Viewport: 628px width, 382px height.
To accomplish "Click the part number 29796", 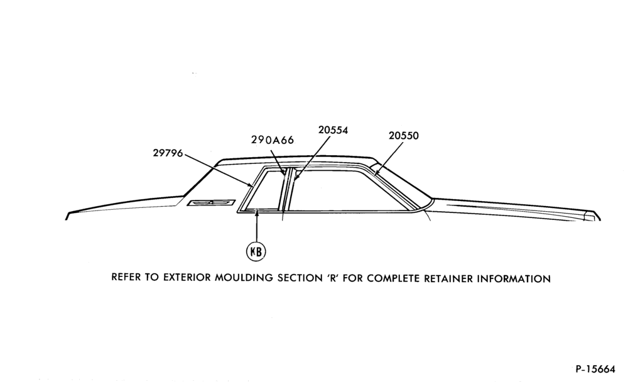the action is click(x=168, y=153).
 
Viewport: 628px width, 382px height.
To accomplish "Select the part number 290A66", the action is click(x=273, y=139).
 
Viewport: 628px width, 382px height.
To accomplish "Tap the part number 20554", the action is click(x=333, y=130).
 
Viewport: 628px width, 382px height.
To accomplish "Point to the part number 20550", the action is click(x=404, y=136).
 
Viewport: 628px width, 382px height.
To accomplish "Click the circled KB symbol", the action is click(x=256, y=252).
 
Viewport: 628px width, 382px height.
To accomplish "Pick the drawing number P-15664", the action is click(x=595, y=369).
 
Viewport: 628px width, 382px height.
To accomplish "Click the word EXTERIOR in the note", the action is click(x=187, y=277).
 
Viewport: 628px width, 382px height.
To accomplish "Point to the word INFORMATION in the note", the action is click(x=514, y=278).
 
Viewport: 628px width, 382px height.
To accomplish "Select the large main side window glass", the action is click(x=352, y=190).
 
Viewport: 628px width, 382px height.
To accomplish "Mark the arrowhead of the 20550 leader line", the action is click(x=376, y=173).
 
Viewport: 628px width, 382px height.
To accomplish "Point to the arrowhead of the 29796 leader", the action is click(x=251, y=185).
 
